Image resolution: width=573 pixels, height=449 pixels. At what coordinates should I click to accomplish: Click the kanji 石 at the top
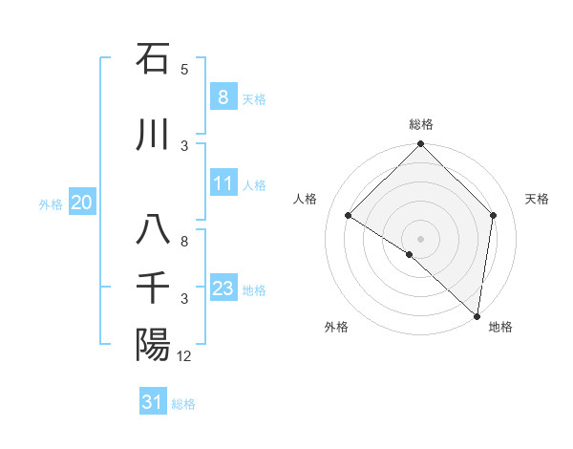click(153, 59)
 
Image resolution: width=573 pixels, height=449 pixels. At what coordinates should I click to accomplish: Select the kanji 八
click(153, 229)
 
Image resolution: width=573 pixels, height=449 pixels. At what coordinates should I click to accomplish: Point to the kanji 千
click(153, 288)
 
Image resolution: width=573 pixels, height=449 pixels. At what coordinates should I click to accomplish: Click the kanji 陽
click(153, 344)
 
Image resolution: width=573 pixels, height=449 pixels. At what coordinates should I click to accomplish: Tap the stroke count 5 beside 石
click(184, 69)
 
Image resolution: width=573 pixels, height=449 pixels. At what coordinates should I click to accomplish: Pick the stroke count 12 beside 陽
click(184, 356)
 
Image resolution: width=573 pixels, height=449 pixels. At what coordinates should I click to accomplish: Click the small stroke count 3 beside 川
click(184, 145)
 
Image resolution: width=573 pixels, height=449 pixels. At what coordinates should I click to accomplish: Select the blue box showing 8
click(223, 96)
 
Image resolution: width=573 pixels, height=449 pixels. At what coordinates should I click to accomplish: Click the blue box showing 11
click(223, 183)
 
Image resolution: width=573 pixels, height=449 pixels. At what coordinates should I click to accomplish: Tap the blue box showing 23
click(223, 289)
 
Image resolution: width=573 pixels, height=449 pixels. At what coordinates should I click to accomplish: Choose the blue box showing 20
click(81, 203)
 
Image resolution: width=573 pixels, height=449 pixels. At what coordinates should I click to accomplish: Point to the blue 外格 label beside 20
click(51, 203)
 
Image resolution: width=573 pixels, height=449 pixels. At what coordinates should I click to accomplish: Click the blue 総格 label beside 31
click(184, 404)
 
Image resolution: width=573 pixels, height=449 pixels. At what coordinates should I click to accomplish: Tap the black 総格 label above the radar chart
click(420, 124)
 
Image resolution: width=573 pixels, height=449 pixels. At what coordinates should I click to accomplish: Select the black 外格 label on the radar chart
click(336, 327)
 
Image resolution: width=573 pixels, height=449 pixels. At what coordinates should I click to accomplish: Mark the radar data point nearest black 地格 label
click(477, 315)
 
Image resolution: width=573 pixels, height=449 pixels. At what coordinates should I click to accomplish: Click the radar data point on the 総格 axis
click(420, 144)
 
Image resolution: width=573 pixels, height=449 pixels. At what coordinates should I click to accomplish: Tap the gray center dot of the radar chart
click(420, 238)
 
